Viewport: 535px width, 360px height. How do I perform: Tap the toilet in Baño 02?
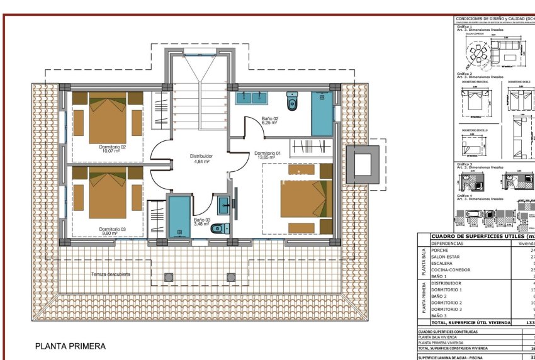[x=292, y=101]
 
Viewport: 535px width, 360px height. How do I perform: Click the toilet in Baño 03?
[x=217, y=228]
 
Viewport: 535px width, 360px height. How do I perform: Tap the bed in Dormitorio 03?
[x=108, y=196]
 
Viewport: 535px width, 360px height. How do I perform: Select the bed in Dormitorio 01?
[x=305, y=198]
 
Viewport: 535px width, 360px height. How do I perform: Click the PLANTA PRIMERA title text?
[x=70, y=346]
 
